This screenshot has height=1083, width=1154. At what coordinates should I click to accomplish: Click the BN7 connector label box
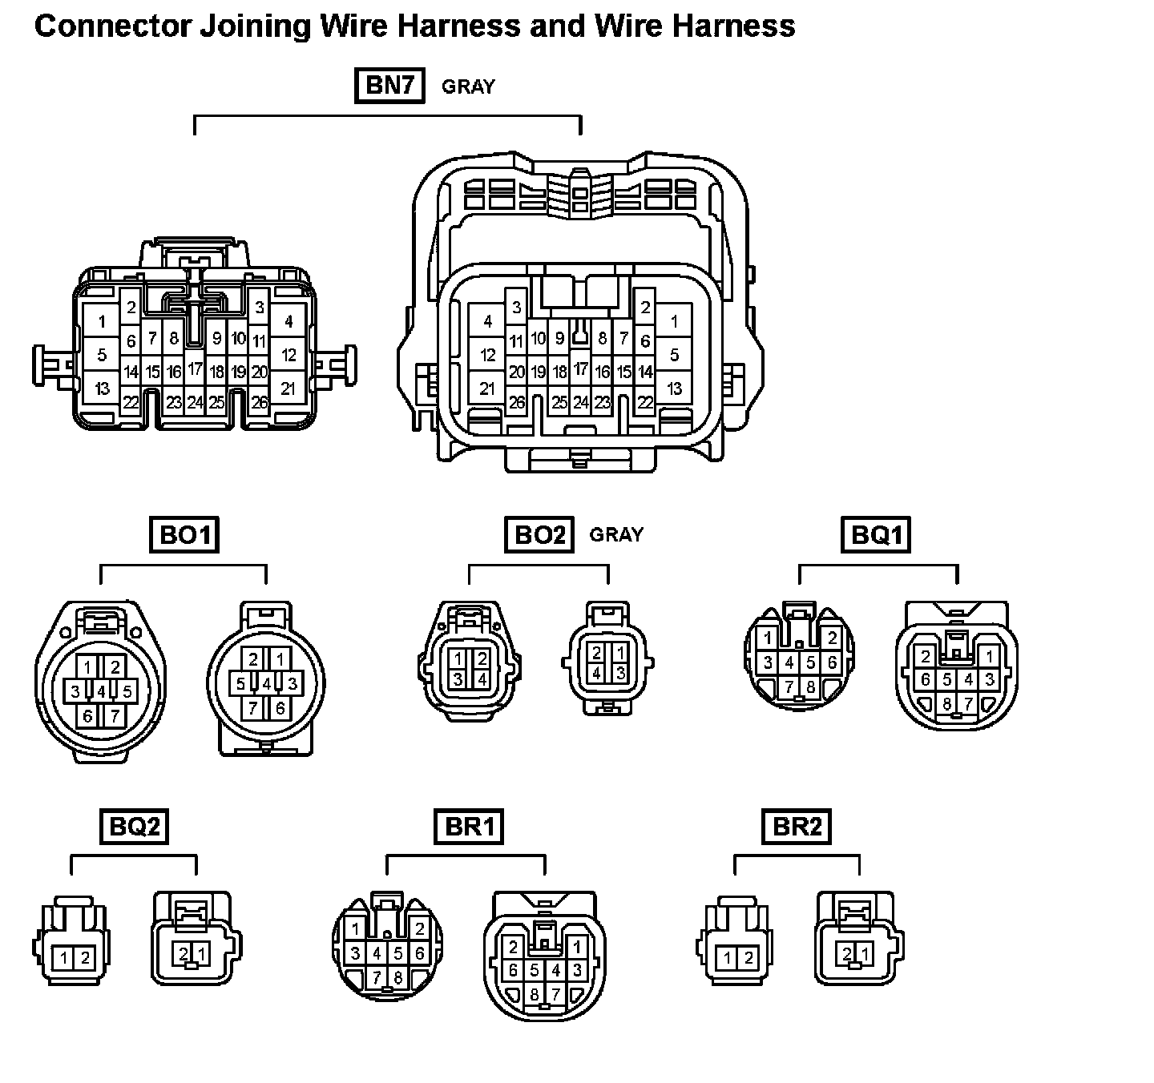[389, 86]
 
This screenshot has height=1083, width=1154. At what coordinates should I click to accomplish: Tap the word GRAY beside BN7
[468, 87]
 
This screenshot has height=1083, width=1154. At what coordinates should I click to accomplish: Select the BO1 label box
[184, 534]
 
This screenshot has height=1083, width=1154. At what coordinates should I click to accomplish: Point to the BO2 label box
[539, 534]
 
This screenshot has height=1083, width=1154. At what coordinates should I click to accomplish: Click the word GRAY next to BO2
[616, 534]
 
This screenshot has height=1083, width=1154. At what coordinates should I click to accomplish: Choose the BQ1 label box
[877, 534]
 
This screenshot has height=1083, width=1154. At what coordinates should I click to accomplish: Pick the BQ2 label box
[135, 826]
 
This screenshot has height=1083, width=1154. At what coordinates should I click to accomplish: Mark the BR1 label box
[469, 826]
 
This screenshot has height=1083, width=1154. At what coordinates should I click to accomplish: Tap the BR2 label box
[797, 826]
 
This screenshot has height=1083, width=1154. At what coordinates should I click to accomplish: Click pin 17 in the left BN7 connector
[196, 369]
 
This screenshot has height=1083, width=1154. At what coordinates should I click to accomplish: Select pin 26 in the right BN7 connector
[517, 402]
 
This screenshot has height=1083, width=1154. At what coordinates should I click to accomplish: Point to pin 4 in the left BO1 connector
[101, 690]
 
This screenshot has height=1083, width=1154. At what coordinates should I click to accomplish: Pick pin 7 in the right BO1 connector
[253, 708]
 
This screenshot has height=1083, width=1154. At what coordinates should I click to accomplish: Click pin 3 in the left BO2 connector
[458, 679]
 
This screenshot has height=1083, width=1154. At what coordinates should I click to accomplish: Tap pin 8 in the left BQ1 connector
[810, 686]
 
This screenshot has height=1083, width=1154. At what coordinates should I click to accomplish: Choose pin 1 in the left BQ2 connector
[64, 957]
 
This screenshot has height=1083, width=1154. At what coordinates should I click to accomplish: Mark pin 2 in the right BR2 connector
[846, 953]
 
